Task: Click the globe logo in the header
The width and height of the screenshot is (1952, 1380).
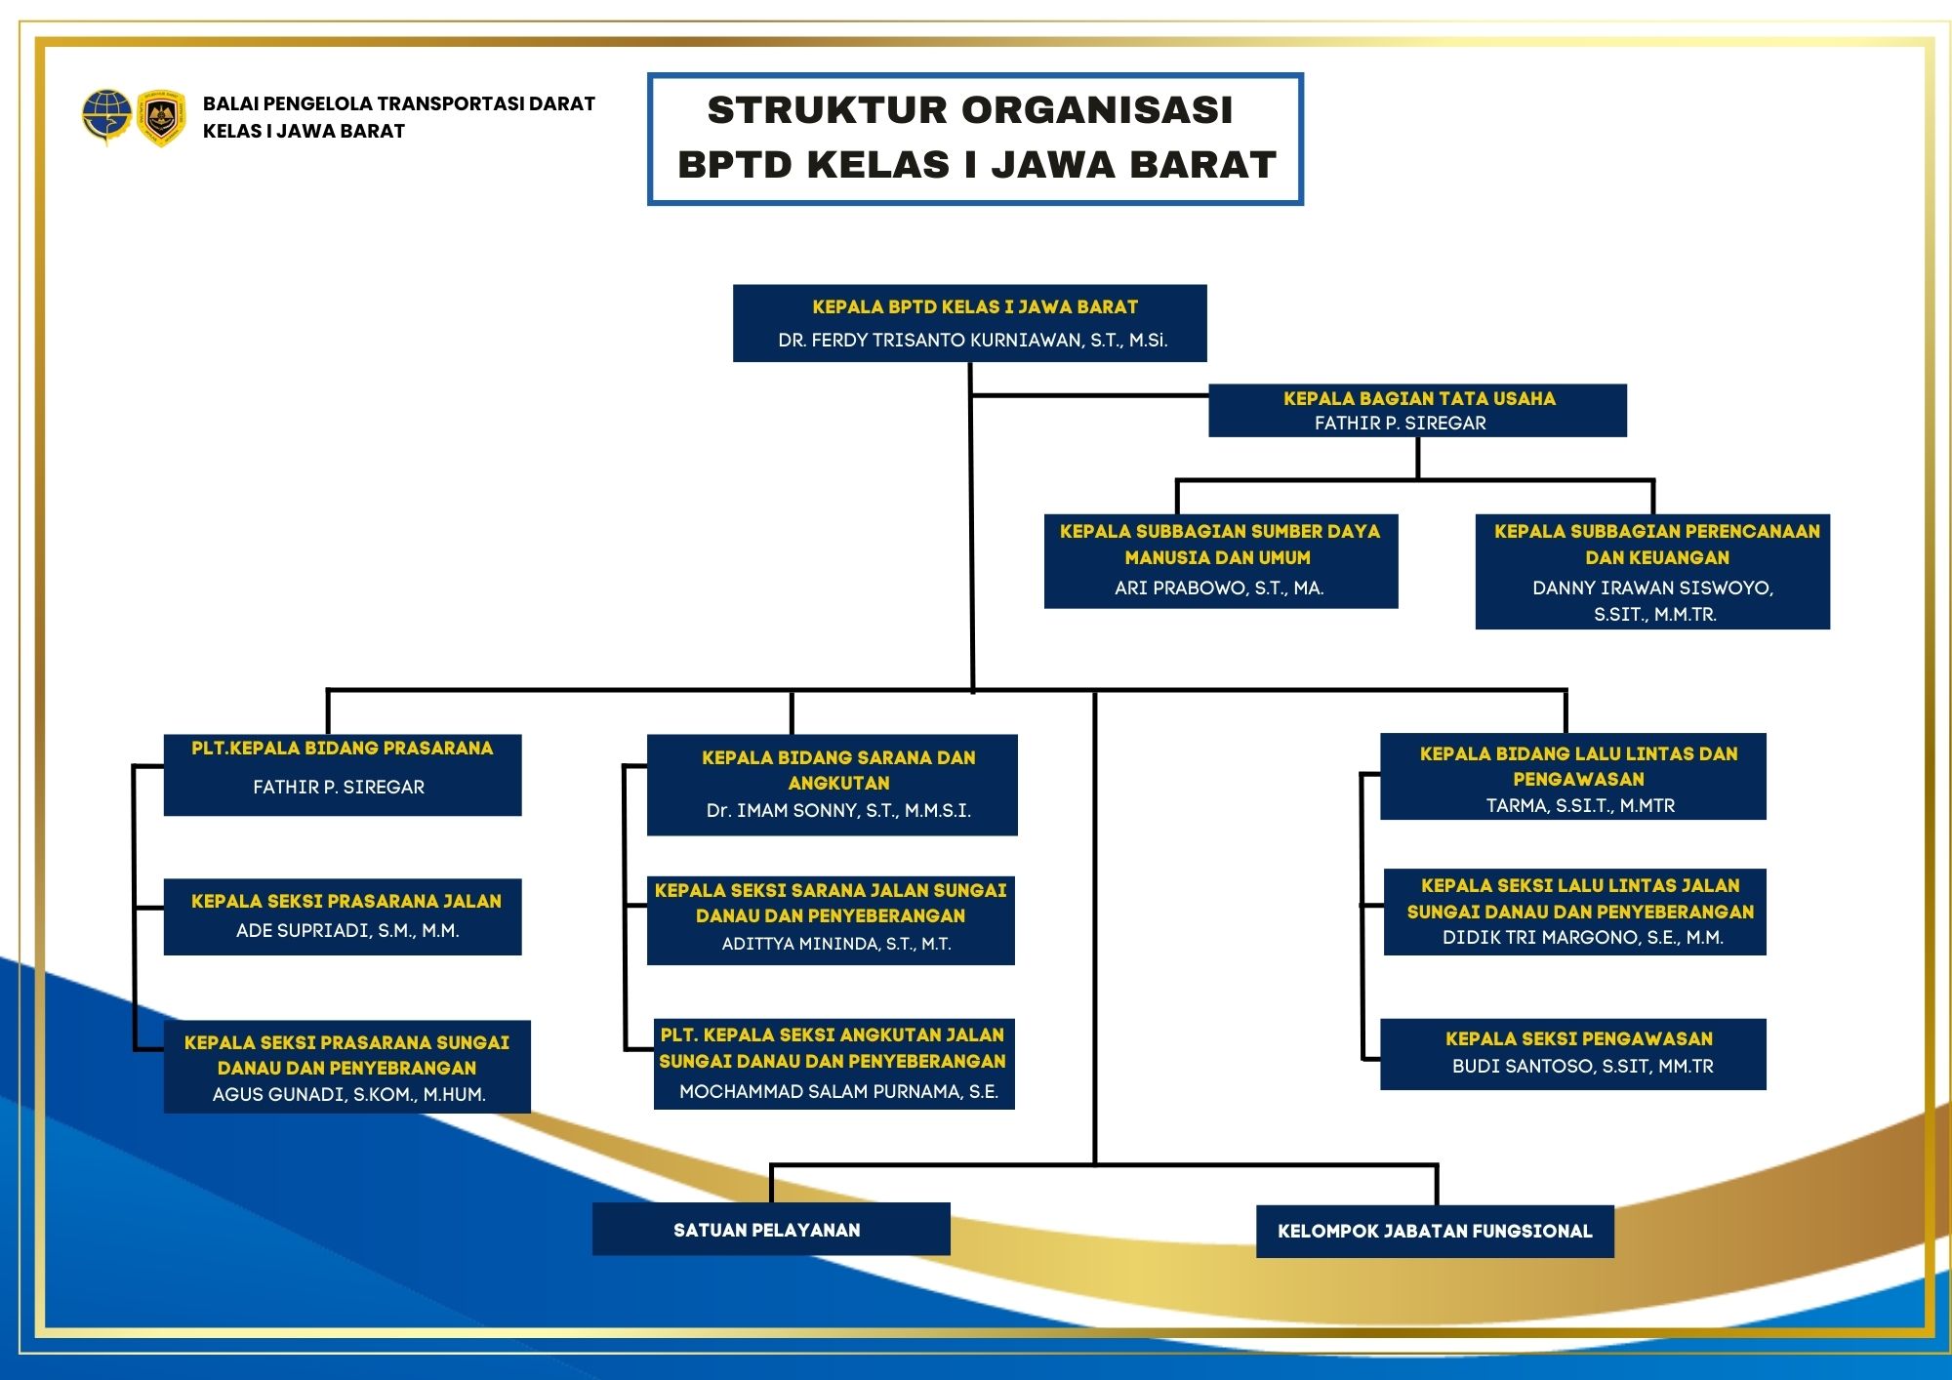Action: (106, 116)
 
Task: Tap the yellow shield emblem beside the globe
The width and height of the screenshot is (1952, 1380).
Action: (161, 117)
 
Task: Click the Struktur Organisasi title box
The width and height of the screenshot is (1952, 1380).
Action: (975, 139)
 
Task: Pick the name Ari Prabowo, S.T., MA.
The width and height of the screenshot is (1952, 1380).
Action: (1219, 588)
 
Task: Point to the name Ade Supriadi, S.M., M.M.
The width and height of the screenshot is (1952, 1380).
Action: (347, 930)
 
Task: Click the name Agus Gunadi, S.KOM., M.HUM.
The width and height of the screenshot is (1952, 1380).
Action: (348, 1094)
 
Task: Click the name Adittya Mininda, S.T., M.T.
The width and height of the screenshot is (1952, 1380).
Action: (836, 944)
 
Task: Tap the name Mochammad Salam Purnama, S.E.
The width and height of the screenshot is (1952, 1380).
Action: (838, 1091)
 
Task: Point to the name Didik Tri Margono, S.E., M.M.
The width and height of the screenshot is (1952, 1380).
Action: (1582, 937)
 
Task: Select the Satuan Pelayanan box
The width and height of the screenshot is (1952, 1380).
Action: (771, 1230)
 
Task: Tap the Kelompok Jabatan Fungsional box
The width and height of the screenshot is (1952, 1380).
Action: (1435, 1232)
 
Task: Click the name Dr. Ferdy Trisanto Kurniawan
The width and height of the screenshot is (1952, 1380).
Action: (972, 340)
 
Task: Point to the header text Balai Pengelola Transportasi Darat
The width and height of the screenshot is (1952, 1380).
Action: (398, 103)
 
